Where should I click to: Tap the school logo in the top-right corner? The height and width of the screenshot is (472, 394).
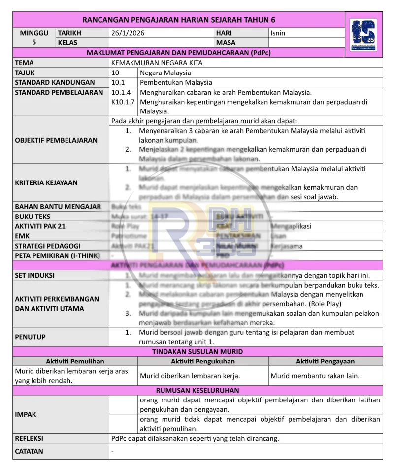click(363, 35)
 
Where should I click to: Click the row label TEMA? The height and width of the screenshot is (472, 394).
click(25, 63)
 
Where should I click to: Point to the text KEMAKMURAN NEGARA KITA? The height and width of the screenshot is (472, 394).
click(157, 63)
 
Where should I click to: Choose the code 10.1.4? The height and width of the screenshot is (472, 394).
click(121, 92)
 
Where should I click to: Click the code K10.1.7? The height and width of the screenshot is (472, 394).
click(123, 102)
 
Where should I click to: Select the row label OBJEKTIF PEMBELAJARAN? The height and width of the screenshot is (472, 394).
click(56, 140)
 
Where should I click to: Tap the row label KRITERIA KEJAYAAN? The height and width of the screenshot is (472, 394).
click(46, 182)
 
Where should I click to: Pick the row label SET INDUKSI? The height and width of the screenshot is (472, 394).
click(34, 275)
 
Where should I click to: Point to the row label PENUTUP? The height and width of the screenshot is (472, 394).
click(30, 337)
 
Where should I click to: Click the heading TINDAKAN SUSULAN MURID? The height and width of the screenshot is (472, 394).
click(197, 352)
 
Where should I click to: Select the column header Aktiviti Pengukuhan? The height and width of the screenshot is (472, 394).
click(203, 362)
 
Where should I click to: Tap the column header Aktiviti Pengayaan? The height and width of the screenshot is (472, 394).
click(325, 362)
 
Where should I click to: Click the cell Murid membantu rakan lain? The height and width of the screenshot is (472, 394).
click(315, 376)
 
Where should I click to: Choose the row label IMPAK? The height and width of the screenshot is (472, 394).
click(26, 414)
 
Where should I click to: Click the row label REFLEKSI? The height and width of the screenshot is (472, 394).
click(29, 438)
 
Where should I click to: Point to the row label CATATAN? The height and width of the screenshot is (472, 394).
click(29, 451)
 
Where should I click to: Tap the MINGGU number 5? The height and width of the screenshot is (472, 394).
click(34, 42)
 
